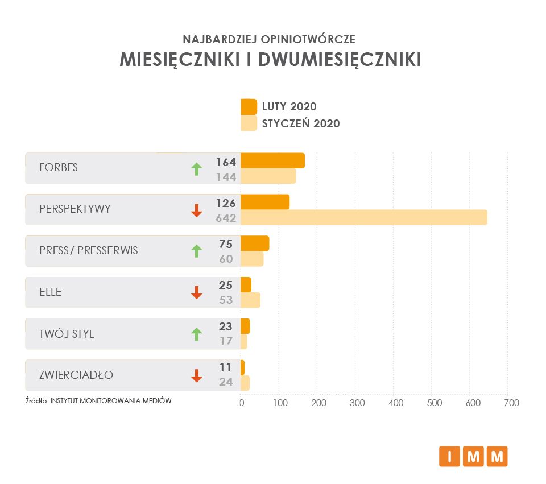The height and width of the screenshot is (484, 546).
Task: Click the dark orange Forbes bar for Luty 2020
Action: [272, 161]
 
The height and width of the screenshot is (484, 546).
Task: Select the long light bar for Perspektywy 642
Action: [364, 217]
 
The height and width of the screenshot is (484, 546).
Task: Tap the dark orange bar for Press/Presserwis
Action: [255, 243]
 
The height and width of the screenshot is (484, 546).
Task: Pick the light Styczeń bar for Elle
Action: [250, 300]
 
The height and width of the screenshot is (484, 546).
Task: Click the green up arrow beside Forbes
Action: [196, 168]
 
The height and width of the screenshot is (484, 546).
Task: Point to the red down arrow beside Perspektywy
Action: [196, 210]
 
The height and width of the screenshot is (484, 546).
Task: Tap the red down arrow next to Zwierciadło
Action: [196, 375]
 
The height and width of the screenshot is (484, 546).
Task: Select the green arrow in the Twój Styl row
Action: [196, 334]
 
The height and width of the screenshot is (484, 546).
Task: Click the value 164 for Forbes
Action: [225, 162]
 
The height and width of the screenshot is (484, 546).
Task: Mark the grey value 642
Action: [226, 217]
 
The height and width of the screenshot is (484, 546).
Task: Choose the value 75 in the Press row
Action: [226, 245]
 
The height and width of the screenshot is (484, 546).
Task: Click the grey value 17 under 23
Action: [226, 341]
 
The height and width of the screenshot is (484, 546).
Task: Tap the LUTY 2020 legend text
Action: [289, 106]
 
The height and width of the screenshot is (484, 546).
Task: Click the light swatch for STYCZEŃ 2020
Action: [249, 123]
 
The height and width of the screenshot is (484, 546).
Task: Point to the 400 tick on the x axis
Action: [396, 403]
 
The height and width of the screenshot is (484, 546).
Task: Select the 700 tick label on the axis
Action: [511, 403]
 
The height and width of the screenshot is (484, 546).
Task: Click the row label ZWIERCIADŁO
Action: [76, 375]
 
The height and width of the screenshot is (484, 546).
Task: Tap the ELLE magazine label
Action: [50, 292]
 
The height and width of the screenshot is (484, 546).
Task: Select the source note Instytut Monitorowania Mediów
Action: [110, 400]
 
